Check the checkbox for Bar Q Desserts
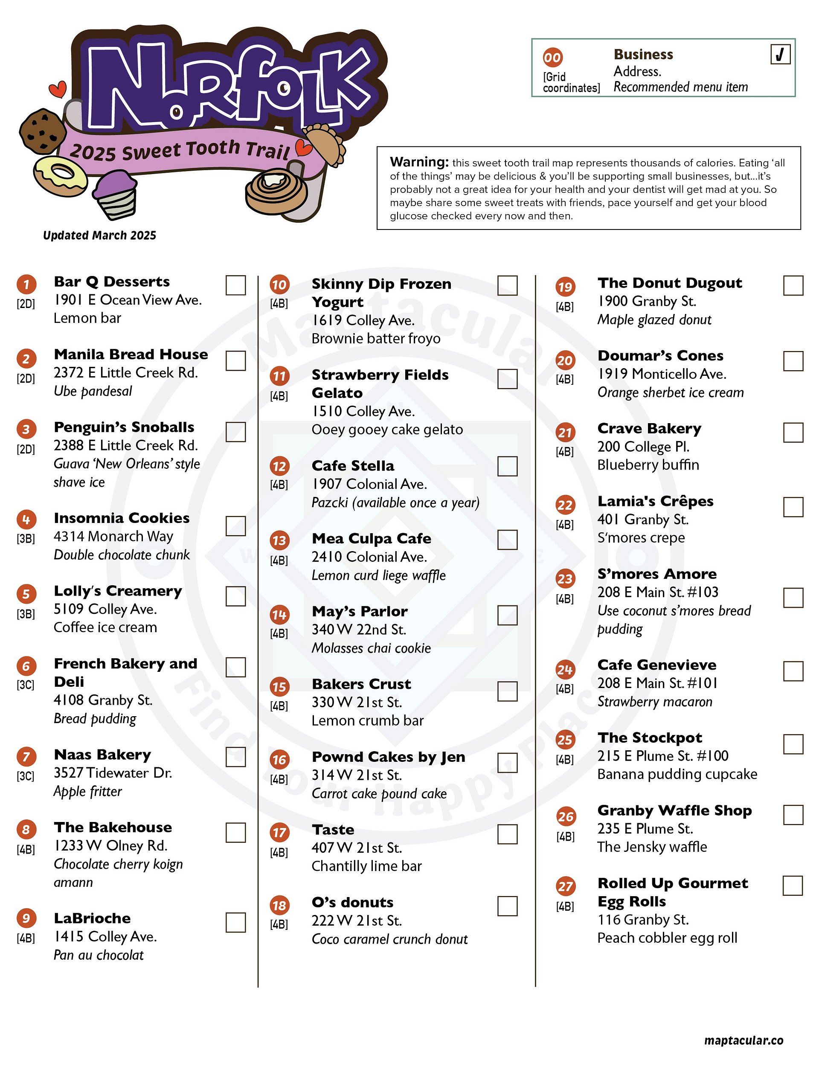point(235,285)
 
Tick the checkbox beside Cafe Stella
point(507,466)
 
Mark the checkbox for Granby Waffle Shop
point(793,815)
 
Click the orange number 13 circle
point(279,540)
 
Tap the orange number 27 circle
point(565,886)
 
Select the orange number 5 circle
point(26,593)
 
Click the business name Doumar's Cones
point(660,355)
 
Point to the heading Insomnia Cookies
point(122,518)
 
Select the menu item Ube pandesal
point(93,391)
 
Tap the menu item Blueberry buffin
point(648,465)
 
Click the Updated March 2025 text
point(100,235)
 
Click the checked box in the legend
point(780,54)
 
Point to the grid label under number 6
point(26,685)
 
